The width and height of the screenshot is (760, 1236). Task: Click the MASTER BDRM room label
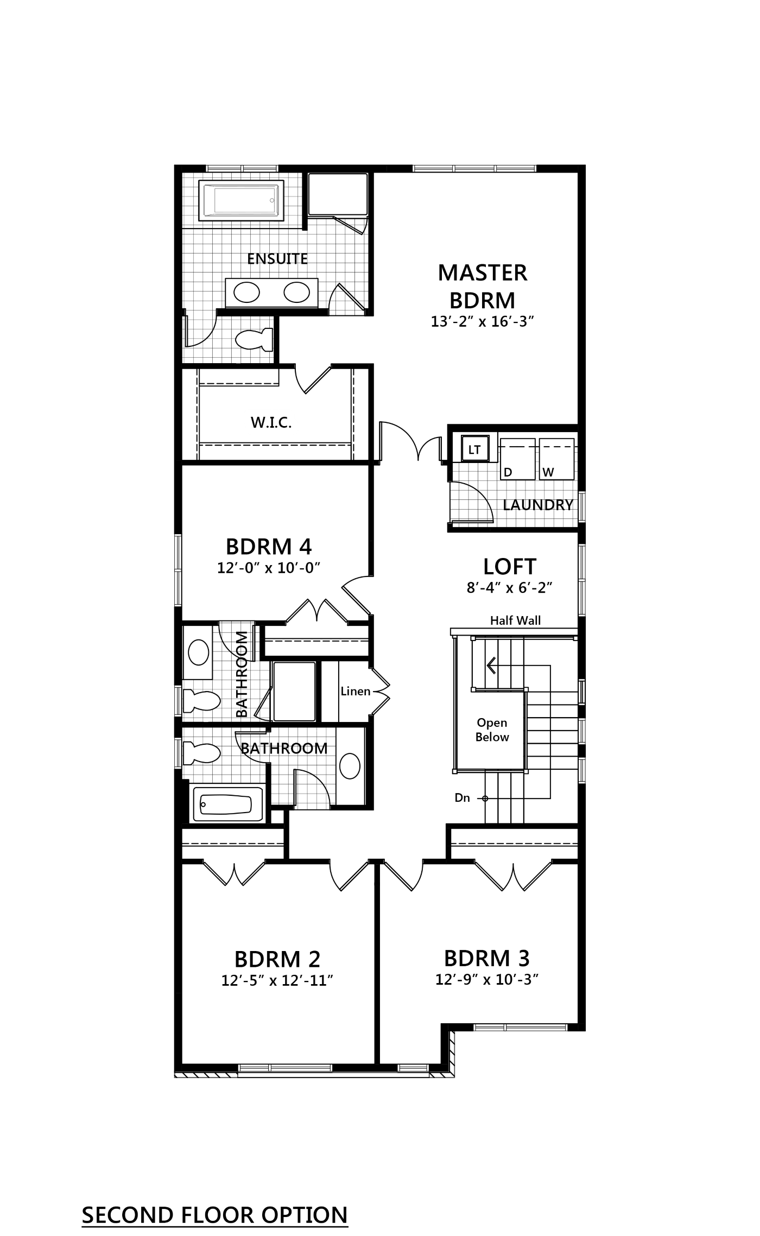click(x=483, y=286)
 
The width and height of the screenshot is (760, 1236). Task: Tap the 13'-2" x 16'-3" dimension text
click(x=483, y=322)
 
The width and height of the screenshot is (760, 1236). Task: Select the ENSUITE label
click(x=277, y=259)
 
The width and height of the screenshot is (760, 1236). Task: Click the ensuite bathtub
click(x=242, y=200)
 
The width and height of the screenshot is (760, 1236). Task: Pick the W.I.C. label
click(x=271, y=422)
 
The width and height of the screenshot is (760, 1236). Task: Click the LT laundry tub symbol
click(x=474, y=449)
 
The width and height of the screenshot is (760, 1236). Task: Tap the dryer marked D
click(x=517, y=459)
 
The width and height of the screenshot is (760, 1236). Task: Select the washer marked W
click(x=556, y=459)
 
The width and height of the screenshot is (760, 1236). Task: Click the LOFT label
click(x=510, y=566)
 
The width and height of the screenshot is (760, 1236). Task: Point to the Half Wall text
click(x=515, y=620)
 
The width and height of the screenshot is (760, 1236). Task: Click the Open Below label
click(x=492, y=730)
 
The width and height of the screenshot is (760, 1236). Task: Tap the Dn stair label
click(x=463, y=798)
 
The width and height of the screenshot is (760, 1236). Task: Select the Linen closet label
click(x=356, y=691)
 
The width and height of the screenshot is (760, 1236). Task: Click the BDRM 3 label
click(x=487, y=958)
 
